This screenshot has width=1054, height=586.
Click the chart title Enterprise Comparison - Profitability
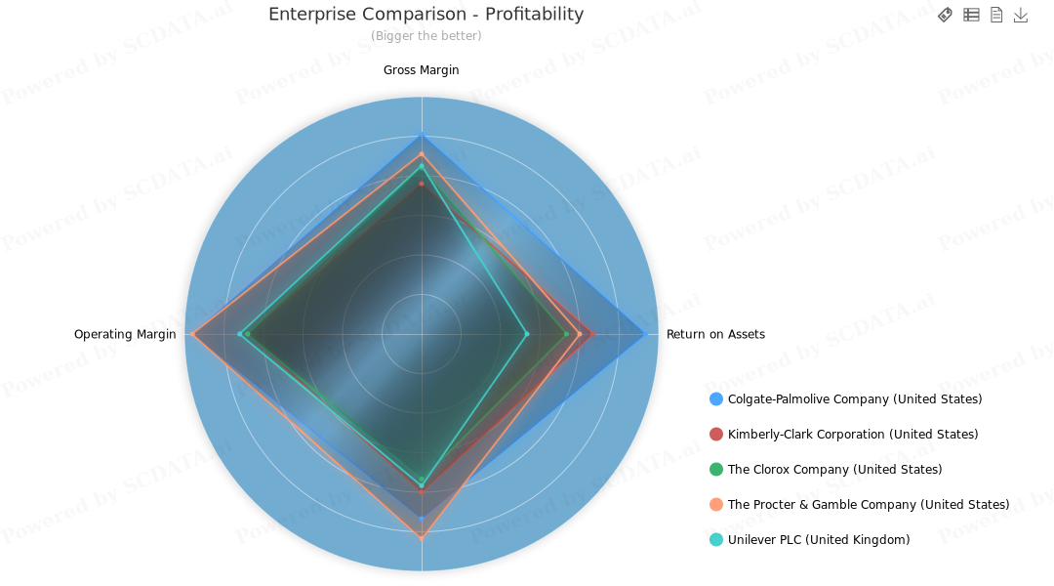pyautogui.click(x=426, y=15)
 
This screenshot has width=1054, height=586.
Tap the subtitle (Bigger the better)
pyautogui.click(x=426, y=36)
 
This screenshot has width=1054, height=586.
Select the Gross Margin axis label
pyautogui.click(x=421, y=70)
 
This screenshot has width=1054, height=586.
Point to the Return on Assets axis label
pyautogui.click(x=715, y=334)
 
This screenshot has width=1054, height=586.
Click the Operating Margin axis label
pyautogui.click(x=125, y=334)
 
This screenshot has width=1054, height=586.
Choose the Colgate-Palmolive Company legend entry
pyautogui.click(x=854, y=399)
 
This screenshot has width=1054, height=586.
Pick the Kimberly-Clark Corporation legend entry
pyautogui.click(x=852, y=435)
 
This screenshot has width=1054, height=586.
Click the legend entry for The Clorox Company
pyautogui.click(x=834, y=470)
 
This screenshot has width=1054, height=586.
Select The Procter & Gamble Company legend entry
pyautogui.click(x=868, y=505)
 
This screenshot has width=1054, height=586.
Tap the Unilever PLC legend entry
pyautogui.click(x=818, y=540)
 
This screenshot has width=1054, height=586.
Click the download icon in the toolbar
pyautogui.click(x=1021, y=15)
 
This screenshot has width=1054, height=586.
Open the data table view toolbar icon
pyautogui.click(x=971, y=15)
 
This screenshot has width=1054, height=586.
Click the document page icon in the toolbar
pyautogui.click(x=996, y=15)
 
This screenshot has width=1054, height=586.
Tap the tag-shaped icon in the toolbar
pyautogui.click(x=945, y=15)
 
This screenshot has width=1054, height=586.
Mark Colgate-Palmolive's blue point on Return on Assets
pyautogui.click(x=644, y=334)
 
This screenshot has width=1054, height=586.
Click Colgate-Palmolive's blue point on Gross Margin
pyautogui.click(x=422, y=136)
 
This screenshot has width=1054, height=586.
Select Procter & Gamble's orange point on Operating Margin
pyautogui.click(x=194, y=334)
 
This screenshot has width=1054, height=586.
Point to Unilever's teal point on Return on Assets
pyautogui.click(x=527, y=334)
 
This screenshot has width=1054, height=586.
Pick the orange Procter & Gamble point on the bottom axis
pyautogui.click(x=422, y=537)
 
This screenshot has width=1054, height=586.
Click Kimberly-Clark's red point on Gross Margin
pyautogui.click(x=422, y=183)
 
